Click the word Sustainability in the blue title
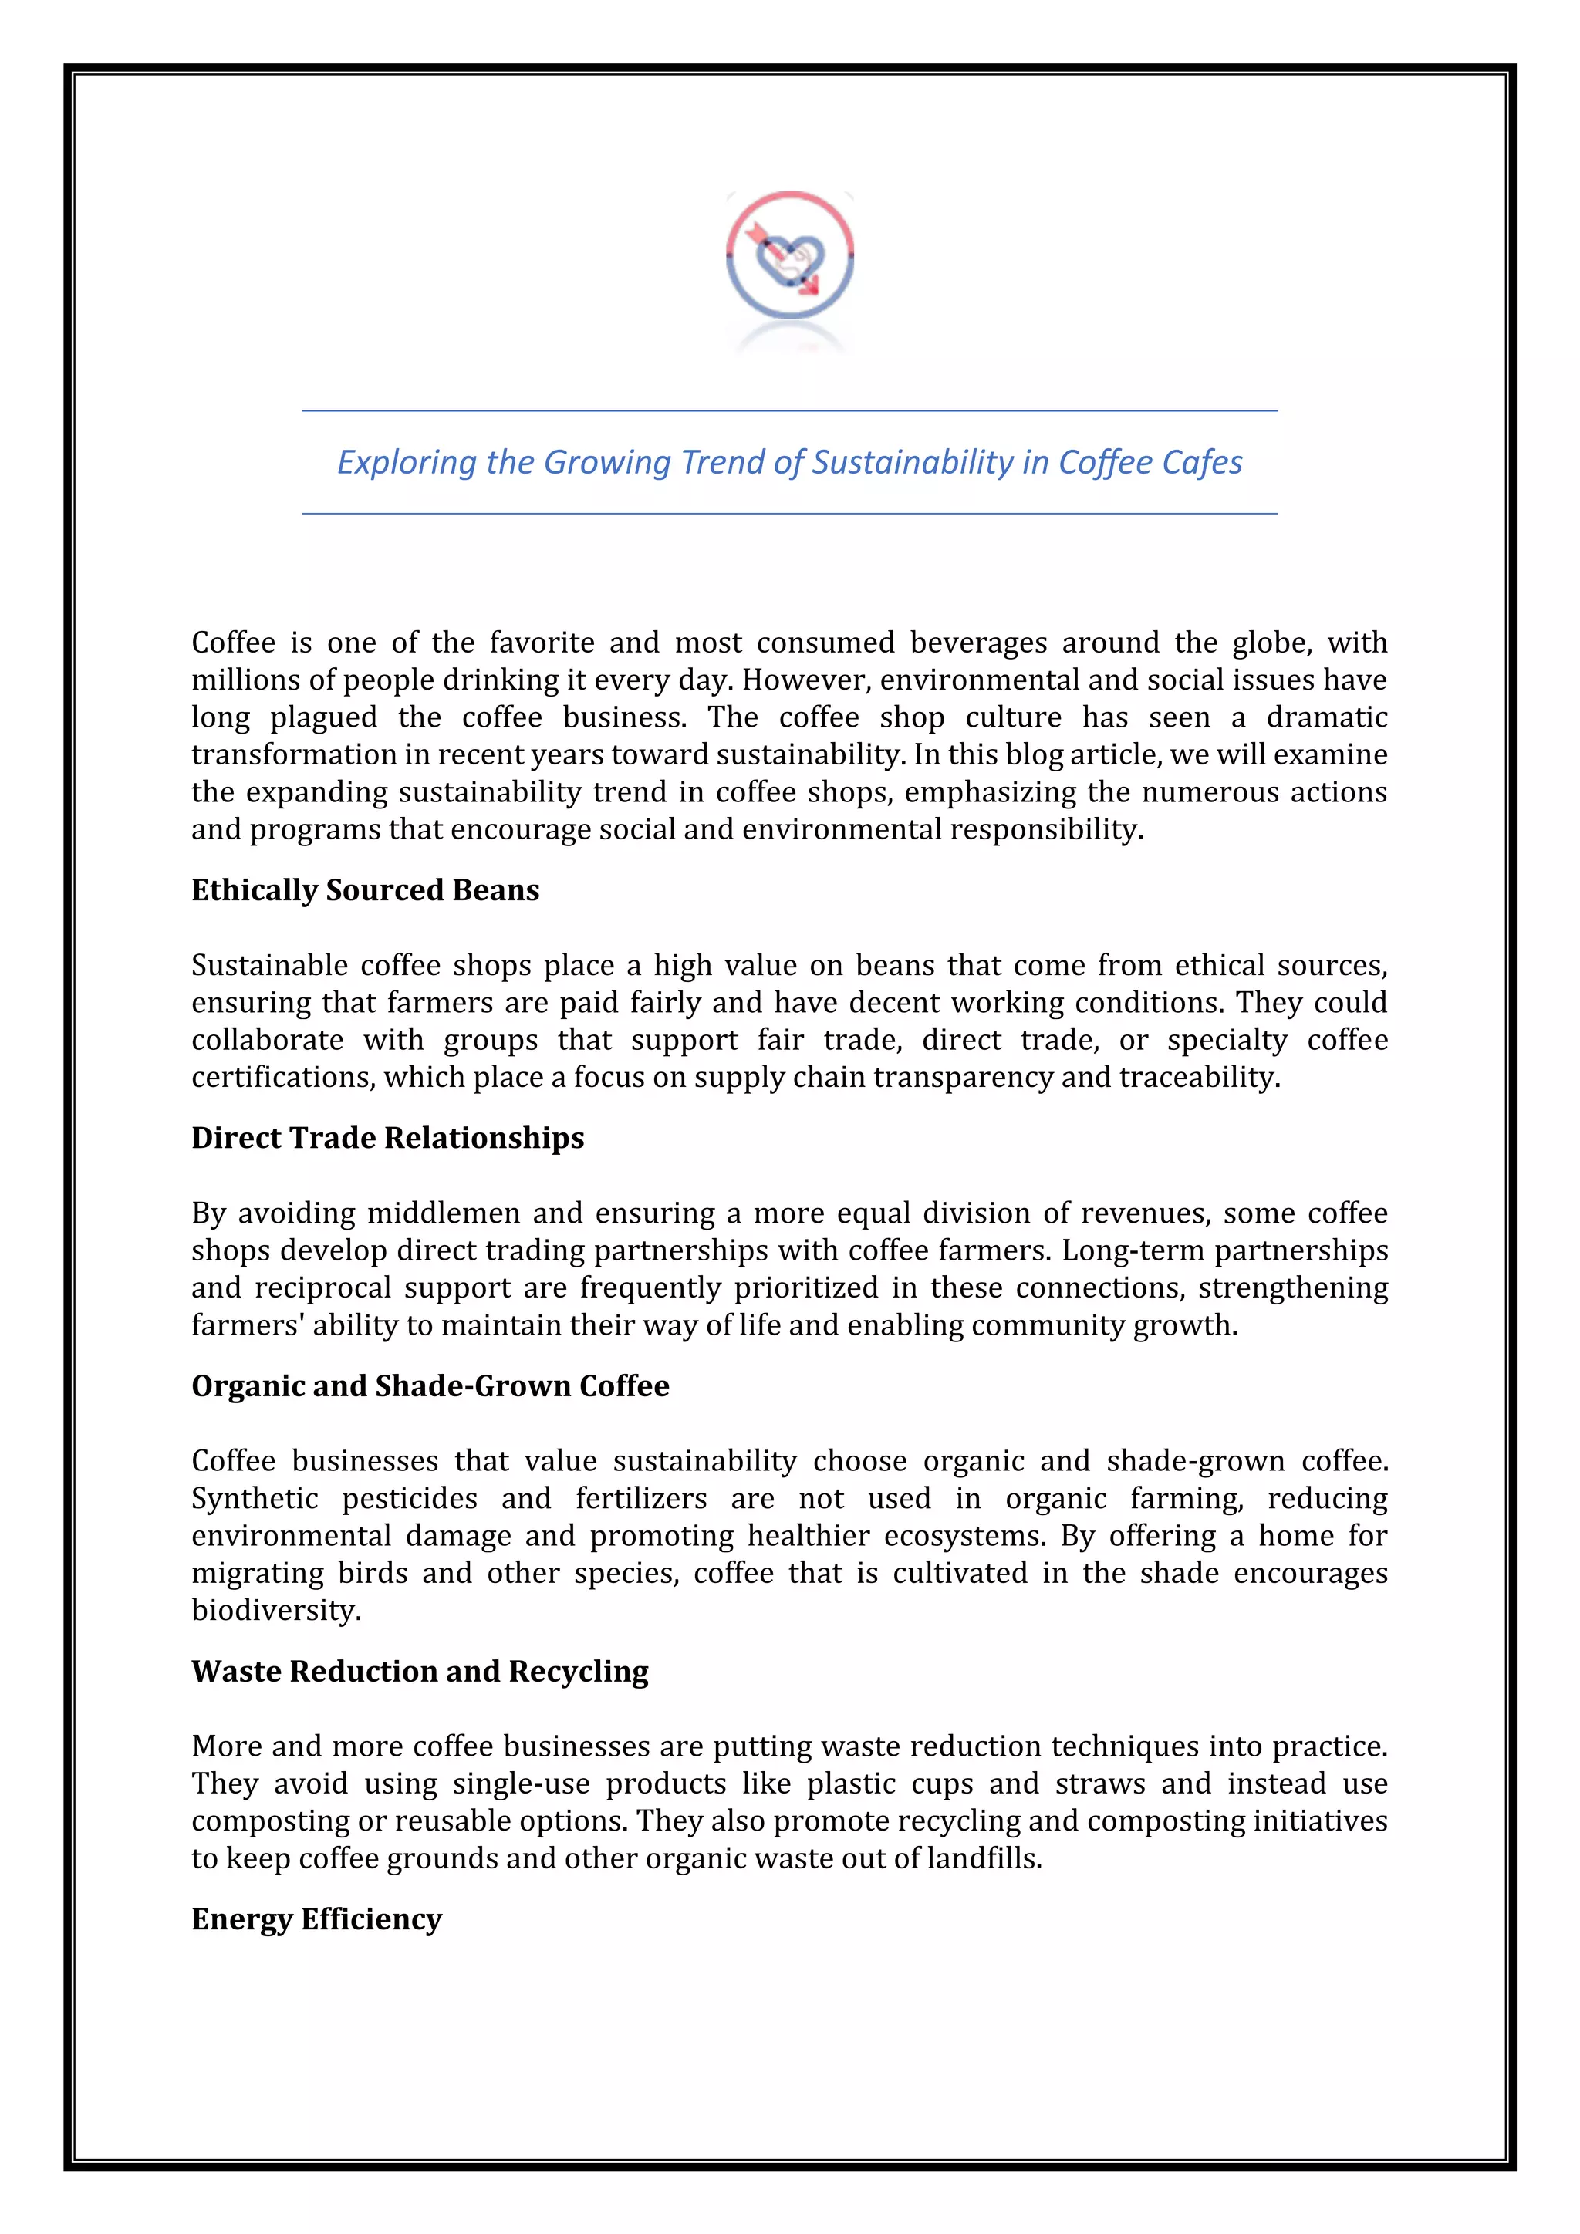pyautogui.click(x=913, y=462)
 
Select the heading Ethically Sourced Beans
pyautogui.click(x=365, y=890)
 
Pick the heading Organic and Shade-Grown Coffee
pyautogui.click(x=430, y=1385)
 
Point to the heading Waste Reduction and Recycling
pyautogui.click(x=420, y=1671)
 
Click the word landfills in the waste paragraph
pyautogui.click(x=983, y=1858)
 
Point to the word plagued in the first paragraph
pyautogui.click(x=324, y=718)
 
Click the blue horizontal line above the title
pyautogui.click(x=789, y=410)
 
